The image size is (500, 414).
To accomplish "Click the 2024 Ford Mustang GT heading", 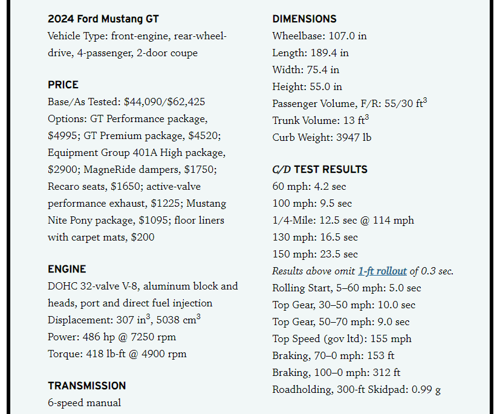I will point(103,19).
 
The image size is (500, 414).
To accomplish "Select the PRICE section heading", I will point(63,85).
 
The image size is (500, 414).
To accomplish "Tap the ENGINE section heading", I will point(67,269).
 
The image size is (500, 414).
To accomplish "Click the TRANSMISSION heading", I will point(87,386).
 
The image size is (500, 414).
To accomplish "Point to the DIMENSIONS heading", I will point(304,19).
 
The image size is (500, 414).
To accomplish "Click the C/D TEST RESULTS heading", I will point(320,169).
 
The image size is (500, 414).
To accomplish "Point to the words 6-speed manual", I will point(84,403).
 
